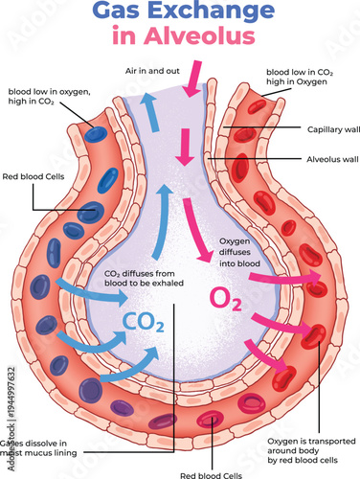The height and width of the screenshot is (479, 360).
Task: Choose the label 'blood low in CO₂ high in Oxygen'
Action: click(302, 77)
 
